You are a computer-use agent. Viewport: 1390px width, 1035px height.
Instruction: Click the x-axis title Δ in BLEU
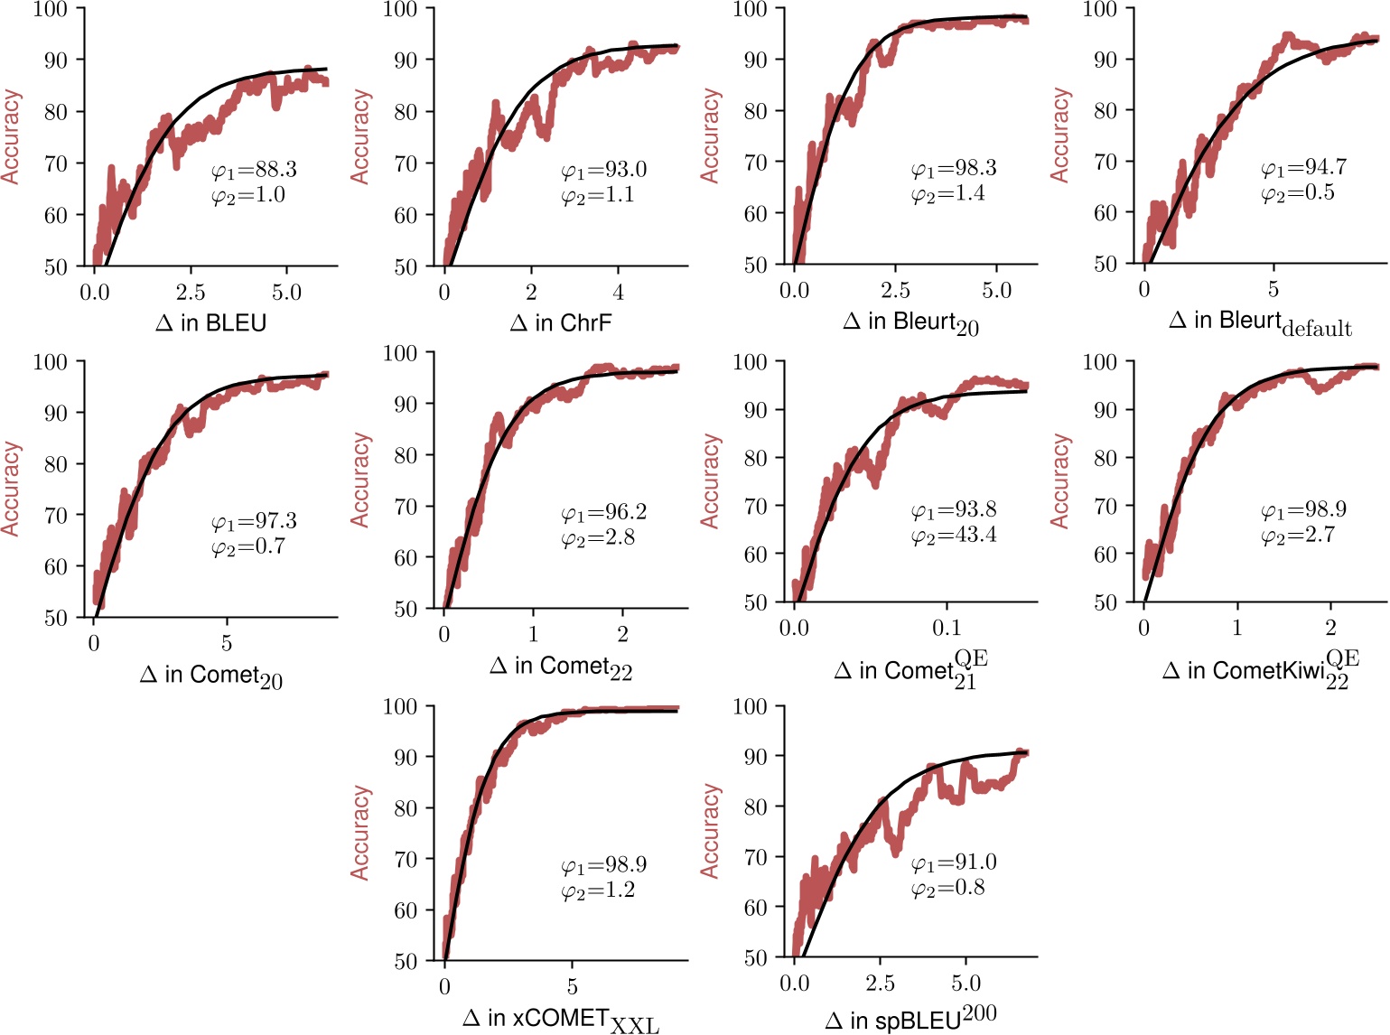[211, 322]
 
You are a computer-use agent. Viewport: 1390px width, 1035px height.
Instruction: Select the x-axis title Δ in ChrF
[561, 322]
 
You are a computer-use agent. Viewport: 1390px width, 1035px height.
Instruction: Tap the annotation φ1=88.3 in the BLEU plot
[254, 169]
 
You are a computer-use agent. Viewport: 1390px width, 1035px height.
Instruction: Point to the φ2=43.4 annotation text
[954, 536]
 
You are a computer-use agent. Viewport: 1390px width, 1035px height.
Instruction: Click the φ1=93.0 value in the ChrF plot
[603, 169]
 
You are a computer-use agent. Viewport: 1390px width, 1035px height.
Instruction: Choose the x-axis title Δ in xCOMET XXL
[561, 1020]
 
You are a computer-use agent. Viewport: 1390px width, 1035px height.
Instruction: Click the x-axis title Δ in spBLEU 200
[910, 1019]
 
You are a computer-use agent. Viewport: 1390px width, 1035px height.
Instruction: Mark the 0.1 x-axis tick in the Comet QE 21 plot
[947, 628]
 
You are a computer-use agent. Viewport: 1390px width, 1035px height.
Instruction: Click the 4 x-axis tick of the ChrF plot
[618, 292]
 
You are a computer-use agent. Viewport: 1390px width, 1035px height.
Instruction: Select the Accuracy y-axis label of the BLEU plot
[11, 136]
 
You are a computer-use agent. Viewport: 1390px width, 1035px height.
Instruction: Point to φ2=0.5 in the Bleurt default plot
[1298, 192]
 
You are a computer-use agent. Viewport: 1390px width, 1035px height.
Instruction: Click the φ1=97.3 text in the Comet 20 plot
[254, 521]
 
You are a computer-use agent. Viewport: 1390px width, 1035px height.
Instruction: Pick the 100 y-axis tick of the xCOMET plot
[399, 706]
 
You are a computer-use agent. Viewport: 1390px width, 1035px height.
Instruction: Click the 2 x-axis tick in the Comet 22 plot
[622, 635]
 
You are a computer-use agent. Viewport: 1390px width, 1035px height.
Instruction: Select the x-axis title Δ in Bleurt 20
[910, 322]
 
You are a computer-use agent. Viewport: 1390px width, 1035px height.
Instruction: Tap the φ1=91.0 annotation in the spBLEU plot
[954, 862]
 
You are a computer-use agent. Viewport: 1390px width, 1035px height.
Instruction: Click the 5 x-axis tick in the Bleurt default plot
[1273, 290]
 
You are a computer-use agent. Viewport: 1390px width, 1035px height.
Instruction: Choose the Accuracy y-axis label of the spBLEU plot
[711, 831]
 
